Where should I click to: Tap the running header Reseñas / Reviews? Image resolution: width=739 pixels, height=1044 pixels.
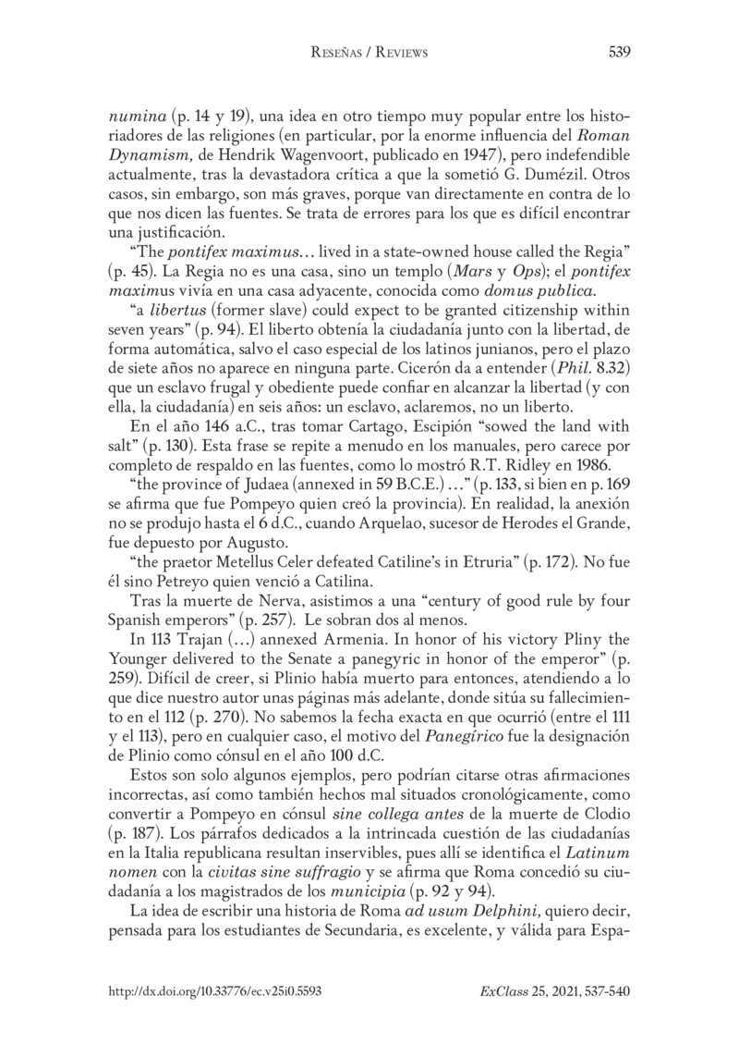[x=369, y=53]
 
